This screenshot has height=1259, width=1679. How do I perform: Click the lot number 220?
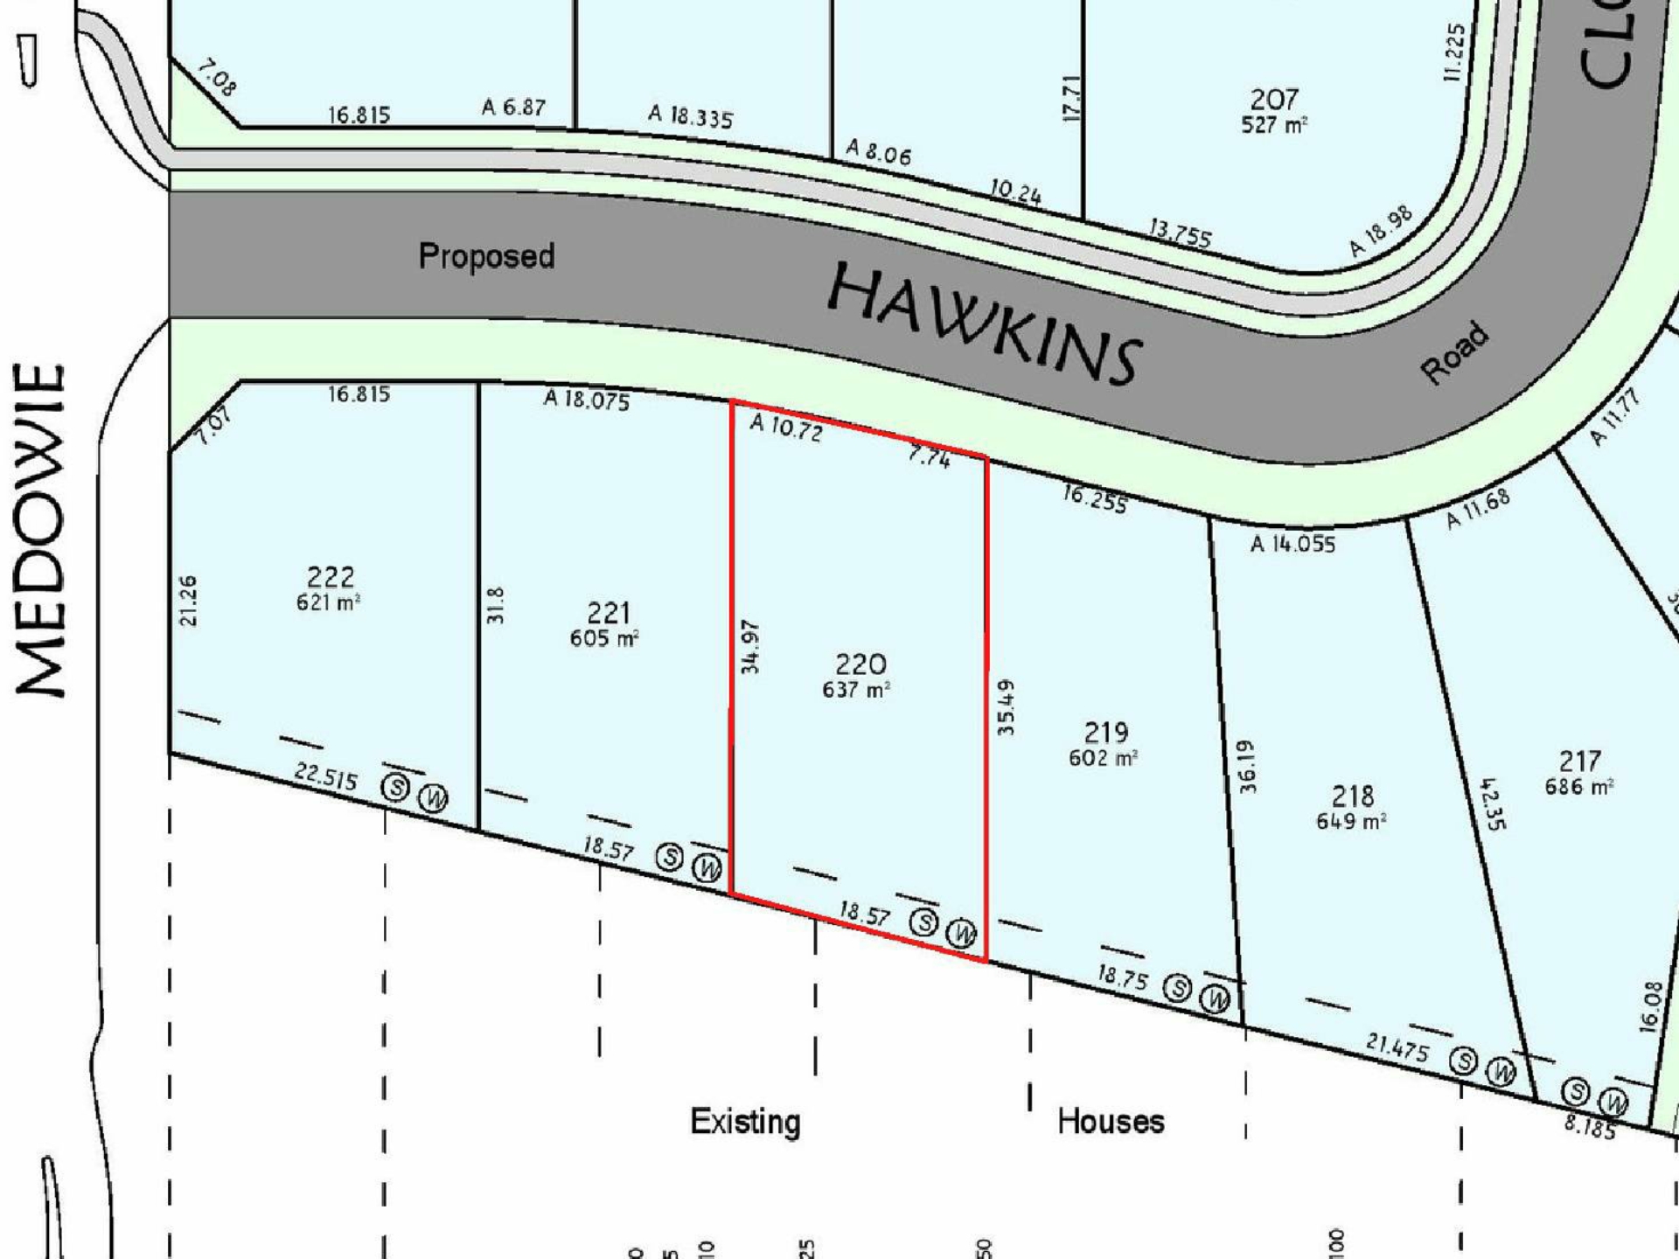860,664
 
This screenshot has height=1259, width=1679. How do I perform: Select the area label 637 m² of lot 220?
855,690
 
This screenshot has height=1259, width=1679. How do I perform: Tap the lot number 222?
331,577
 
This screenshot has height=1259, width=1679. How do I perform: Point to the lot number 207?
1273,100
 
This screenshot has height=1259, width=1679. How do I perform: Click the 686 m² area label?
1578,786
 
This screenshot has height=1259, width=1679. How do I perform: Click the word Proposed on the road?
486,256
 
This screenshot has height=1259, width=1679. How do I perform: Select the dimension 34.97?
750,647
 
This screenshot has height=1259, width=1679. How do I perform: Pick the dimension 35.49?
1007,706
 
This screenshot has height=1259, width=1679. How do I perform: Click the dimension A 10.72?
786,428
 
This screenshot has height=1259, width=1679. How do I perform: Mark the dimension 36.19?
1248,767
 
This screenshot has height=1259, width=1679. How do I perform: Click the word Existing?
745,1122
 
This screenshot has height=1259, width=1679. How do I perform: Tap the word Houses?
1111,1122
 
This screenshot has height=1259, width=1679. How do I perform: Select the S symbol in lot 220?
924,922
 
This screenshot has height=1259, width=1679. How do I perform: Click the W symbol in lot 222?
433,797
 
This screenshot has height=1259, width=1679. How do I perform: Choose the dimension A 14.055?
1292,545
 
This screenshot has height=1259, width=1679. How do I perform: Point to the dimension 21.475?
1397,1047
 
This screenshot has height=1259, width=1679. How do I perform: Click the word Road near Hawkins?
1454,352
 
